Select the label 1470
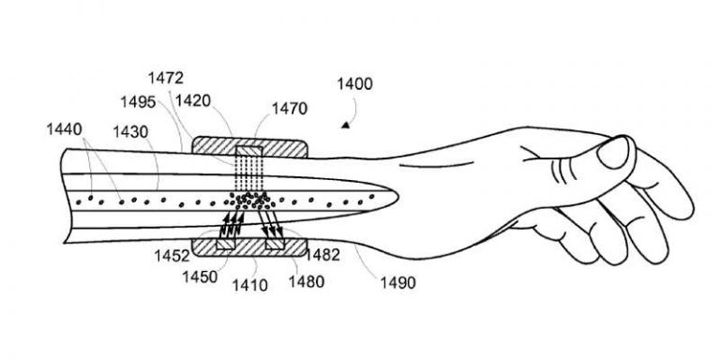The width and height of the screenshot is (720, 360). point(291,110)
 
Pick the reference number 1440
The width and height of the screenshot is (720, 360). point(63,127)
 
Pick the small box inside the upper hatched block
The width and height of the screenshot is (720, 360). point(249,151)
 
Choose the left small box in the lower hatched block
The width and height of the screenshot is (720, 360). point(226,244)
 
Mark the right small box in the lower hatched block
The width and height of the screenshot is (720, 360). point(275,244)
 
